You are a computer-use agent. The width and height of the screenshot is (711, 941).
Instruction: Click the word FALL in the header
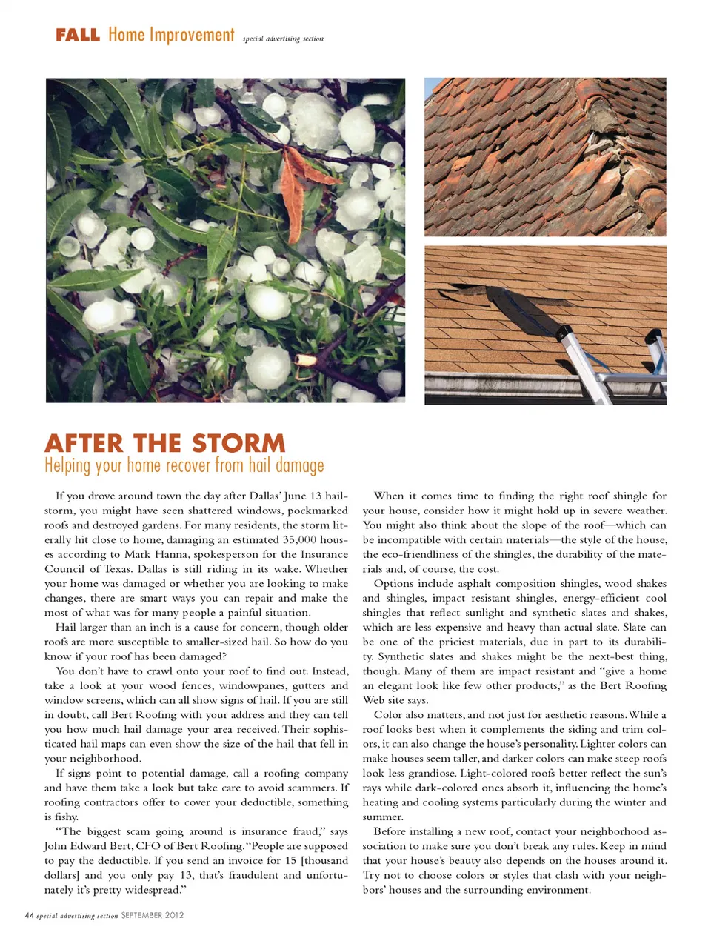[x=77, y=35]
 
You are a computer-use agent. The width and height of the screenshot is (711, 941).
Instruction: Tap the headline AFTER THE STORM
[x=164, y=443]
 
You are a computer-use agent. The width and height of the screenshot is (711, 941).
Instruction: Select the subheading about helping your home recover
[x=184, y=465]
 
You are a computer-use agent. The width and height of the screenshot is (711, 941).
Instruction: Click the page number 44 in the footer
[x=30, y=915]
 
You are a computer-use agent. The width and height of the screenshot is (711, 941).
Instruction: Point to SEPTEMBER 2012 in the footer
[x=153, y=915]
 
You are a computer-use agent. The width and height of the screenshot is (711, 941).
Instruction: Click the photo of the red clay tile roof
[x=545, y=156]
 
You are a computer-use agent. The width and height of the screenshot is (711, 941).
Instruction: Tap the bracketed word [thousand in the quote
[x=323, y=860]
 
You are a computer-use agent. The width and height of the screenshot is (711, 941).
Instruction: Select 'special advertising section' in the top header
[x=283, y=39]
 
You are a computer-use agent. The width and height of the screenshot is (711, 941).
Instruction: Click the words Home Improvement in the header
[x=171, y=35]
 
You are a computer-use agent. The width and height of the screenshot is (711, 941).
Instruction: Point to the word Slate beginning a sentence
[x=635, y=627]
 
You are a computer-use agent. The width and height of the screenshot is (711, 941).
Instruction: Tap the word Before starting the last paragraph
[x=393, y=831]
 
